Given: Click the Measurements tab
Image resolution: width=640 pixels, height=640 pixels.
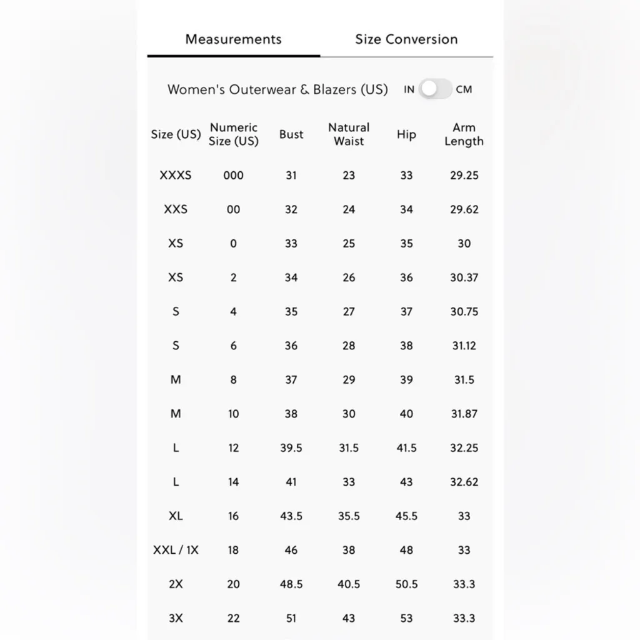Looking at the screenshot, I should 233,39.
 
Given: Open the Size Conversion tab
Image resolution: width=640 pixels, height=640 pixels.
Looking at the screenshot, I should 406,39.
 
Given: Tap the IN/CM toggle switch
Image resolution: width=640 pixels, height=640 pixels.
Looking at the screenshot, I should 435,89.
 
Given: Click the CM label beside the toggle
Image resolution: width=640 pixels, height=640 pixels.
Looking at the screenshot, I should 464,89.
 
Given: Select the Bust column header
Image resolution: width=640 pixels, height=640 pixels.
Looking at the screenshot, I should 291,134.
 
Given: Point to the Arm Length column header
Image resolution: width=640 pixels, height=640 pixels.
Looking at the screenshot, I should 464,134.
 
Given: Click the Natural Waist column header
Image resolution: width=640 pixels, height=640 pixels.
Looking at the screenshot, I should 349,134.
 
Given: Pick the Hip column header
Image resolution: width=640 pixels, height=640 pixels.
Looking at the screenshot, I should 406,134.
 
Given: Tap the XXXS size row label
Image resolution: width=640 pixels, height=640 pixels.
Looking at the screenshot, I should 176,176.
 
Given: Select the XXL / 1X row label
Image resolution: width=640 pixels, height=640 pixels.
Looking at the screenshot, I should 176,550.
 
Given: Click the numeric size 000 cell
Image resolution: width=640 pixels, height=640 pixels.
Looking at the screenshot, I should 233,176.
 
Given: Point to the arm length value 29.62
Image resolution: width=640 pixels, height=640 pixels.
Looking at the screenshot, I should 464,209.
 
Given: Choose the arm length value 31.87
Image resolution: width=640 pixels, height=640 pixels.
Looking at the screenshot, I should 464,414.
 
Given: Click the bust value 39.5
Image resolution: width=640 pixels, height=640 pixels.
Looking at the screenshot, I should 291,448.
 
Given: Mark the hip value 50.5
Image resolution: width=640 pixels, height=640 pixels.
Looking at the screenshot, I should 406,584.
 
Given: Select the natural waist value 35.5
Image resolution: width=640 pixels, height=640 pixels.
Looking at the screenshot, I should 349,516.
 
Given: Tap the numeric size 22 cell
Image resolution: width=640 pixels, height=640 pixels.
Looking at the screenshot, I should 233,618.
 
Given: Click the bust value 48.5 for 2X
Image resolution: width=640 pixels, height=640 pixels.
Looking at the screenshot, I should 291,584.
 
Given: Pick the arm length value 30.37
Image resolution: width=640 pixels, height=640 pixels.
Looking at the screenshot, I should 464,277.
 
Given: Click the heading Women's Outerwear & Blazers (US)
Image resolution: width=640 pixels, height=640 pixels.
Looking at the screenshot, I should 277,89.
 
